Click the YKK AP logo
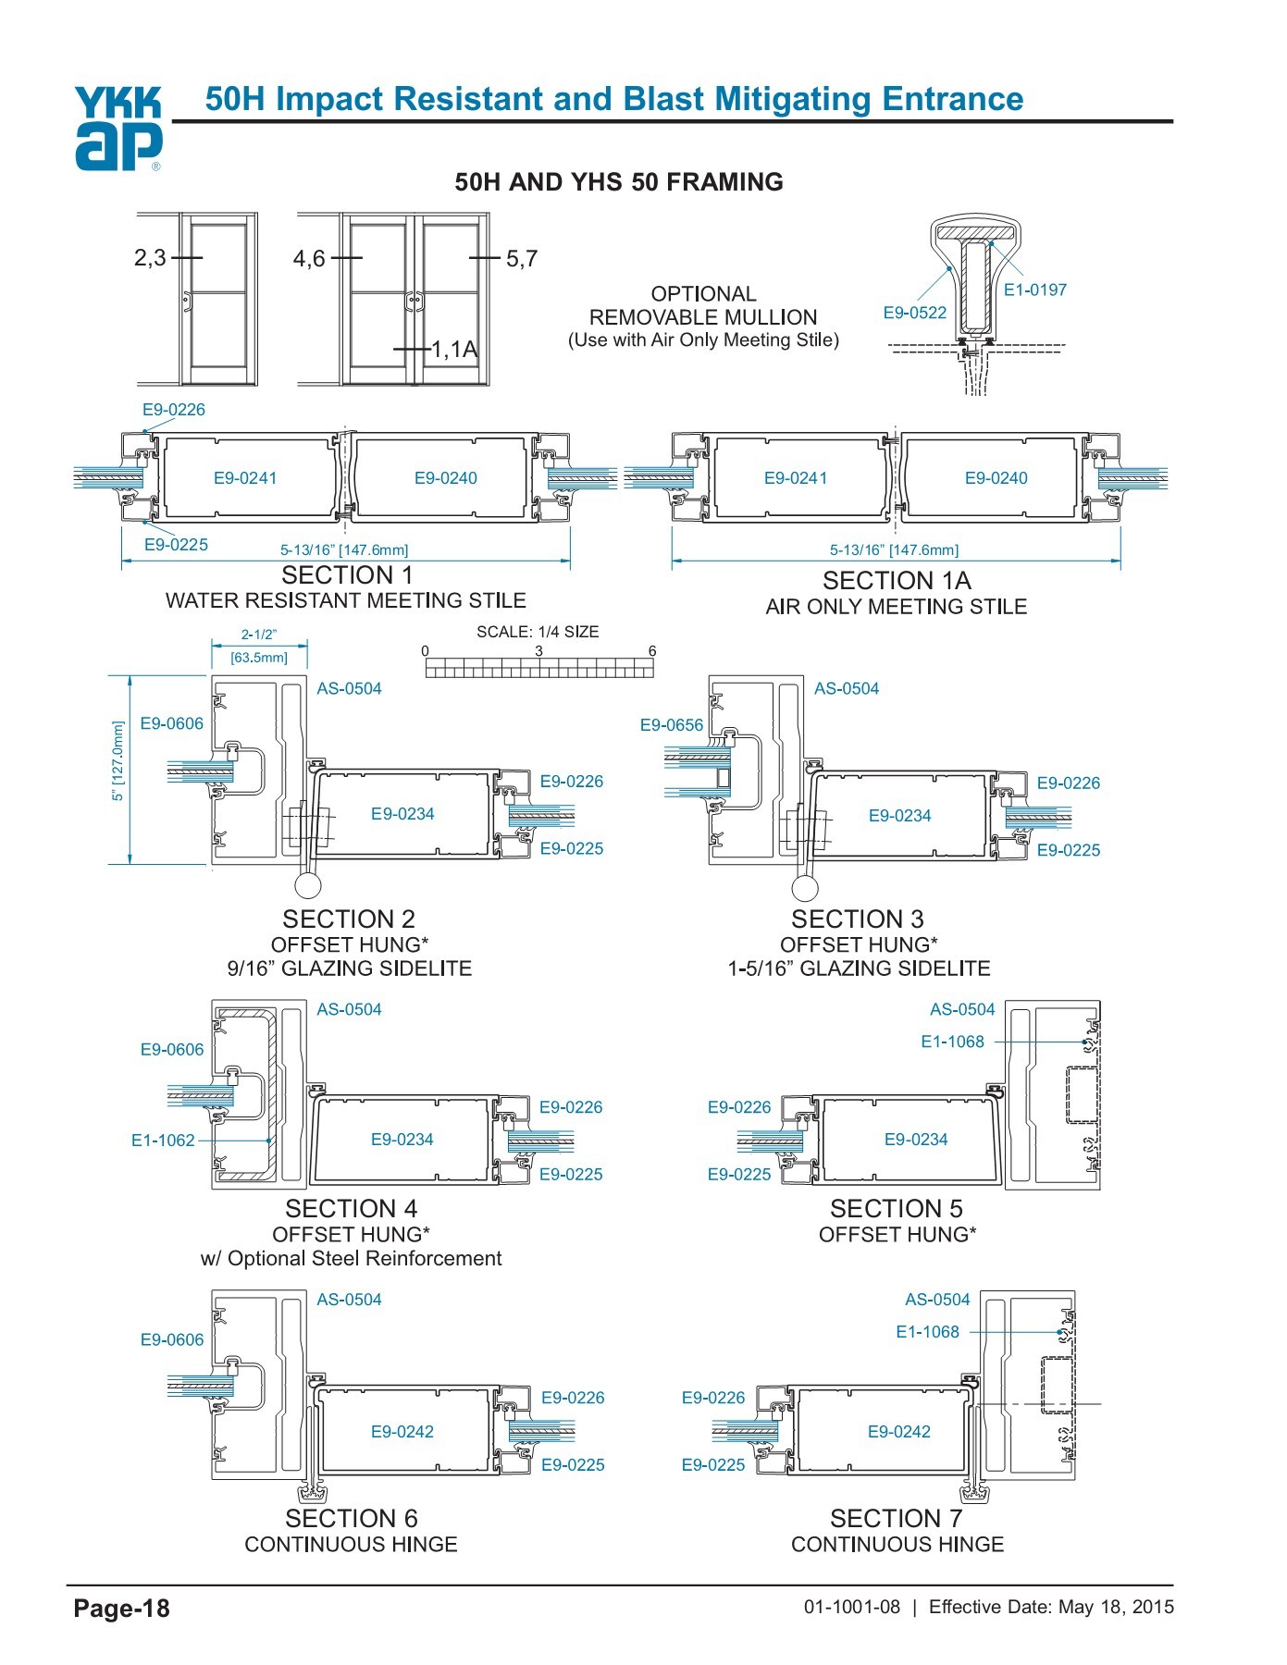click(118, 129)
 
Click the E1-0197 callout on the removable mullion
click(1035, 290)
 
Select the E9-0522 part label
click(914, 313)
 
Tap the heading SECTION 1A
click(896, 581)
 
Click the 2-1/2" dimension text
click(259, 635)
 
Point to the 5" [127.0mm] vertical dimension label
click(118, 761)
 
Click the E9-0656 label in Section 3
click(671, 725)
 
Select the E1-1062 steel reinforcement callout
click(163, 1141)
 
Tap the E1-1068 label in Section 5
click(952, 1042)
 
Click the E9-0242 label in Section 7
click(898, 1432)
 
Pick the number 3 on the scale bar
click(538, 650)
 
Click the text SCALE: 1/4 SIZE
click(538, 632)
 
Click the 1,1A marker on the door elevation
click(454, 350)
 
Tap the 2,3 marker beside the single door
click(150, 258)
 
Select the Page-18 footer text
click(122, 1609)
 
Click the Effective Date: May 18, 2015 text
click(1051, 1607)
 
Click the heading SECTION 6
click(351, 1519)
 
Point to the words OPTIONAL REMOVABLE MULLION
click(703, 305)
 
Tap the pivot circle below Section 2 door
click(307, 885)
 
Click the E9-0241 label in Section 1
click(245, 478)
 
